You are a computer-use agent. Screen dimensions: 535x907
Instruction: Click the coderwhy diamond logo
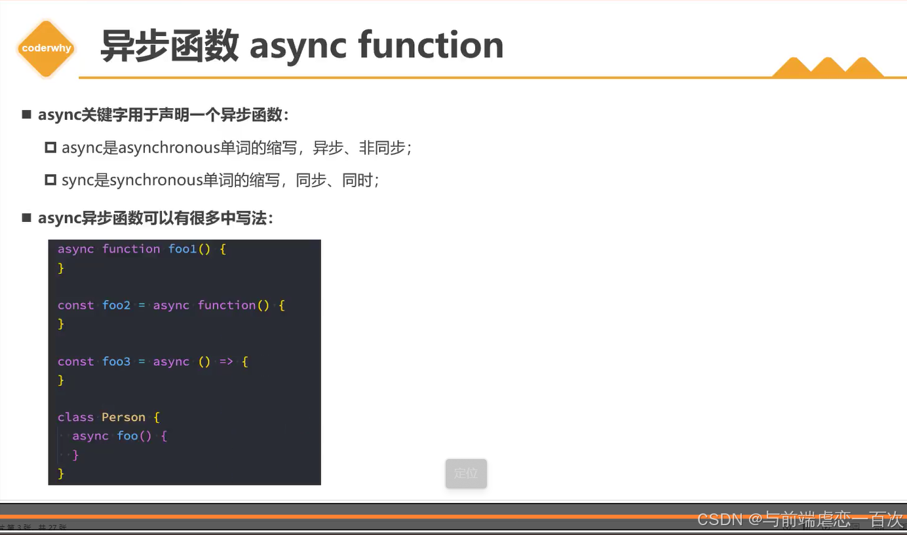tap(46, 48)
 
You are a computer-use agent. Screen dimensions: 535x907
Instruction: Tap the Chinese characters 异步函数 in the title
tap(169, 46)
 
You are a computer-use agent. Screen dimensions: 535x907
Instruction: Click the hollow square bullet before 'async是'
tap(50, 147)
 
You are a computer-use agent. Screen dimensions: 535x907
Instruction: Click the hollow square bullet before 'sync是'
tap(50, 179)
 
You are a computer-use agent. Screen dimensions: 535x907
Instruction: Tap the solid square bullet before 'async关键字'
tap(27, 115)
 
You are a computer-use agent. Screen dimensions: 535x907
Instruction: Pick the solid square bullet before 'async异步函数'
tap(27, 217)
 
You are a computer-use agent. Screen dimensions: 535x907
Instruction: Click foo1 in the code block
tap(182, 249)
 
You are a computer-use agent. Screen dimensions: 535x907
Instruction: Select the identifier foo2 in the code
tap(116, 305)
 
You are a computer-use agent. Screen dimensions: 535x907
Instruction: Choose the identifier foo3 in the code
tap(116, 361)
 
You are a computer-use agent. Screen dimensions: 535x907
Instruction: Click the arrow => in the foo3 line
tap(226, 361)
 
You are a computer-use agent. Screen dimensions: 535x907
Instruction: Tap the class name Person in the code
tap(123, 417)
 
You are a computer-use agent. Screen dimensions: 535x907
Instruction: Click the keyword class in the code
tap(75, 417)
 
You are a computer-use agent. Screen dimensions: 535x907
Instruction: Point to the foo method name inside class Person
tap(127, 436)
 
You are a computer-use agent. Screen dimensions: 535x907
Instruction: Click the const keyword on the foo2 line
tap(75, 305)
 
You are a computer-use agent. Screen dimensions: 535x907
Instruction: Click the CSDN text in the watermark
tap(720, 520)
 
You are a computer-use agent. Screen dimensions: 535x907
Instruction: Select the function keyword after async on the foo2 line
tap(226, 305)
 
